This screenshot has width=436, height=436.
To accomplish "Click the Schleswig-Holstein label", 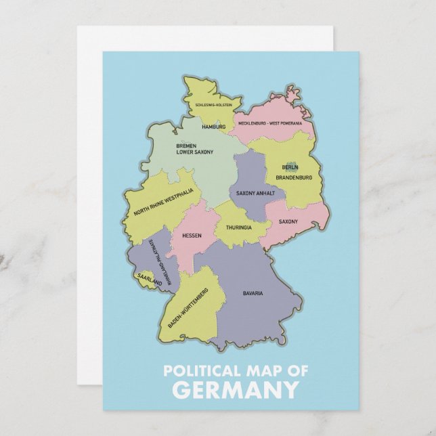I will click(213, 105).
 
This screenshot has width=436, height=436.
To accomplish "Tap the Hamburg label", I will click(214, 127).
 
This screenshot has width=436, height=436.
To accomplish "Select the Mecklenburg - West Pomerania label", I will click(270, 123).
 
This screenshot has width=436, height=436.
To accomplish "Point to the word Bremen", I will click(186, 146).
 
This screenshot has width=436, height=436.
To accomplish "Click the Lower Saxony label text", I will click(194, 152).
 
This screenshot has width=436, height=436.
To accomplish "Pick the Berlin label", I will click(290, 167).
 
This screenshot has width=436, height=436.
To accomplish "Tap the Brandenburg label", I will click(294, 177).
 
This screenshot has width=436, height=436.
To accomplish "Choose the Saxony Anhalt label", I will click(255, 193).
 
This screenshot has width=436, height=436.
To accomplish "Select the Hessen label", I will click(192, 236).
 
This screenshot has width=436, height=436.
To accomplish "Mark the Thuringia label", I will click(239, 227).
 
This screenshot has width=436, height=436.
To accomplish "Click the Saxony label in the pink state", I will click(288, 221).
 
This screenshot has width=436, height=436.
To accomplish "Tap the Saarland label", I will click(149, 279).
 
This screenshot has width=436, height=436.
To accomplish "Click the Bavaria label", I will click(253, 293).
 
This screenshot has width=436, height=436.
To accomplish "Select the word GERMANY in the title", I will click(234, 390).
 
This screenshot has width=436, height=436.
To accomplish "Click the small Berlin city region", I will click(291, 164).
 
